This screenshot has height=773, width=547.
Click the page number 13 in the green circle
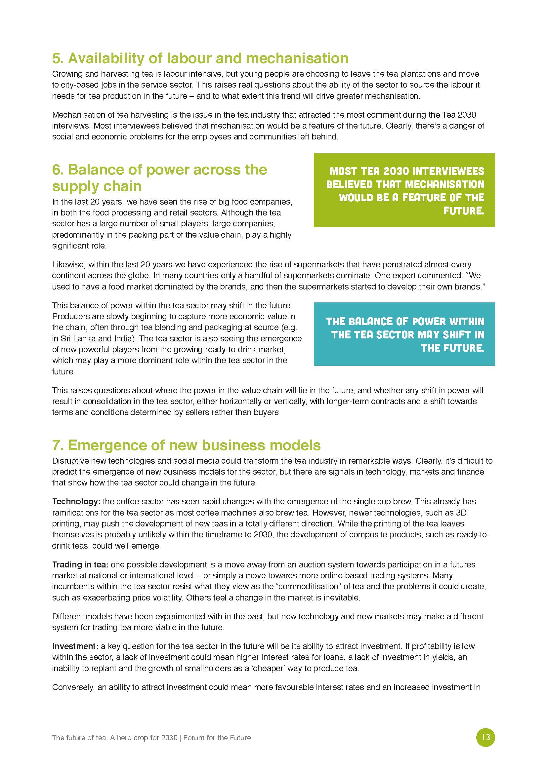point(486,737)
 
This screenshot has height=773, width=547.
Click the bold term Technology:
point(76,501)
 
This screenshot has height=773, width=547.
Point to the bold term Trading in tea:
point(80,564)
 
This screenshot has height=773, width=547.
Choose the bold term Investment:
point(75,646)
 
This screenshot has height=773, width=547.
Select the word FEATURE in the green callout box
point(427,197)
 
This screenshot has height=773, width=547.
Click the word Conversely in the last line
point(73,687)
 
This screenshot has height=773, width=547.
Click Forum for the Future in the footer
point(217,738)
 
